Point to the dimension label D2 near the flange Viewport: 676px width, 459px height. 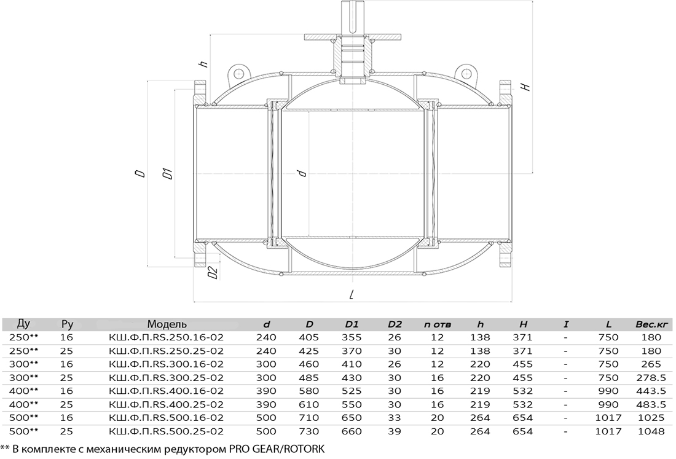click(x=212, y=272)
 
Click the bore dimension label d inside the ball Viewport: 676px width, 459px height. click(x=302, y=173)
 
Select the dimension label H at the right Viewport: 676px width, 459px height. click(x=525, y=87)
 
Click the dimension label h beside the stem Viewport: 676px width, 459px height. click(x=204, y=64)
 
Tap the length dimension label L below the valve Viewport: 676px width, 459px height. click(x=352, y=294)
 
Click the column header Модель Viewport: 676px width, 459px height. click(x=167, y=324)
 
